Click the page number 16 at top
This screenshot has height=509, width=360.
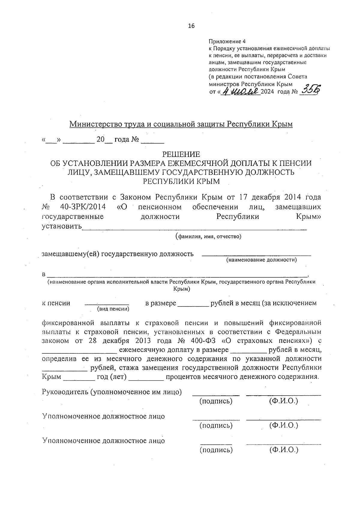tap(191, 26)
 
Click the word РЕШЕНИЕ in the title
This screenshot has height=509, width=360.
tap(181, 154)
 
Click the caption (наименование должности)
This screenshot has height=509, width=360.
tap(261, 260)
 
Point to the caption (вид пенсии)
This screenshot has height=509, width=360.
tap(112, 309)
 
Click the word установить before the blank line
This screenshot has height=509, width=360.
tap(61, 226)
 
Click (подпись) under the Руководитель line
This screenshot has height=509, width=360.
tap(216, 401)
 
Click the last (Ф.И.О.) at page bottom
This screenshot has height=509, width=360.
tap(283, 450)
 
